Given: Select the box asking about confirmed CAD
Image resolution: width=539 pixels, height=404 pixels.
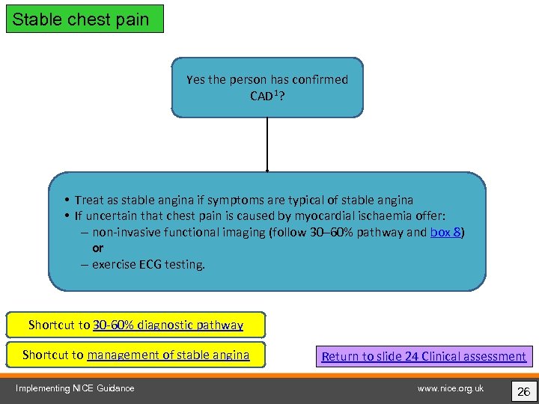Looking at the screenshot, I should click(267, 88).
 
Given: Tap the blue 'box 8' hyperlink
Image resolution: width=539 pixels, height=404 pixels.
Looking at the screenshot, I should click(445, 232).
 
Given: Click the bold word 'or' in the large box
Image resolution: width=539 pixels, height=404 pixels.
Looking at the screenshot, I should click(98, 248).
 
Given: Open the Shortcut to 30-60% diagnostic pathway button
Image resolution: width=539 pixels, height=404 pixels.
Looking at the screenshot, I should click(135, 325).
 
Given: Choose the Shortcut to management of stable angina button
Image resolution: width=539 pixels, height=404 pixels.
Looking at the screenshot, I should click(135, 355).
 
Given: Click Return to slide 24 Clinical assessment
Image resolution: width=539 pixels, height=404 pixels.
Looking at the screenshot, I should click(424, 356).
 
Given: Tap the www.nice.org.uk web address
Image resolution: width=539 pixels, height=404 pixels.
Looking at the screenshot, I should click(451, 388).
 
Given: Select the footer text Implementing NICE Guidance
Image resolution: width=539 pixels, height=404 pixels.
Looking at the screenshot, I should click(75, 388).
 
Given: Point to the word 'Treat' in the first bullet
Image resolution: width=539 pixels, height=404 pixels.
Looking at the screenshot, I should click(89, 200).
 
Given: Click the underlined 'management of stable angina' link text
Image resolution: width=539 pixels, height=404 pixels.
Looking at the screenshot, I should click(168, 355).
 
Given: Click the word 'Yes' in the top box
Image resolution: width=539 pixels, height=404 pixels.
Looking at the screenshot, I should click(196, 79).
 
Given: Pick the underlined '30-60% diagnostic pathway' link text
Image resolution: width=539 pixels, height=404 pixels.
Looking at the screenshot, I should click(168, 325).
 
